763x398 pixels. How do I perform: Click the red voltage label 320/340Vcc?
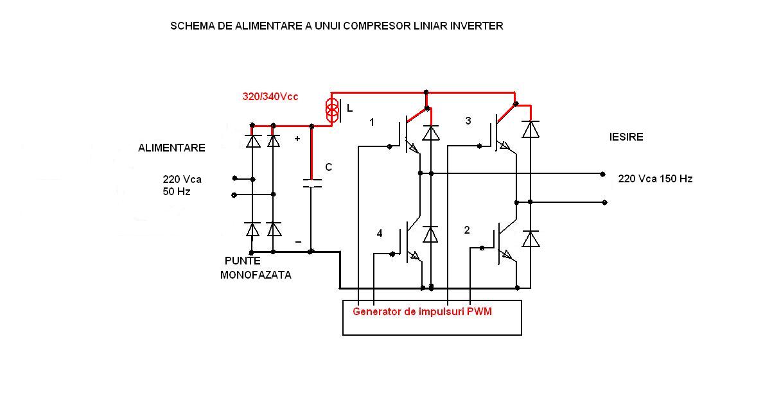coord(270,97)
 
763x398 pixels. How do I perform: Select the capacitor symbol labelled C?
coord(311,183)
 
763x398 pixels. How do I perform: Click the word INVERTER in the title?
coord(477,26)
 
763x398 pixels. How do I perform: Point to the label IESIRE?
coord(626,137)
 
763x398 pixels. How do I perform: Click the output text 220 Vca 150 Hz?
coord(655,179)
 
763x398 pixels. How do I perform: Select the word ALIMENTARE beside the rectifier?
coord(171,148)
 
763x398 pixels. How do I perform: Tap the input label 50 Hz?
coord(177,192)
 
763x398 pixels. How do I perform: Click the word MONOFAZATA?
coord(256,275)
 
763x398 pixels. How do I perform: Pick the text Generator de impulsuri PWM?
coord(426,311)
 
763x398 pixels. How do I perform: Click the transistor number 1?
coord(372,122)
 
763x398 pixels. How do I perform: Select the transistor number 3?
coord(468,121)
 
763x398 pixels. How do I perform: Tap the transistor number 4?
coord(380,234)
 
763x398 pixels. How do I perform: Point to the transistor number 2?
coord(467,230)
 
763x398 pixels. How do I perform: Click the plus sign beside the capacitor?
coord(297,139)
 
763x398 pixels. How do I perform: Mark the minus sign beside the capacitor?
coord(297,241)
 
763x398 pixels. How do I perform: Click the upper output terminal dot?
coord(602,174)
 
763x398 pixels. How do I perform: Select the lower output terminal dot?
coord(605,202)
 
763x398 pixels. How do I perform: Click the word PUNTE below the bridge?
coord(243,261)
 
